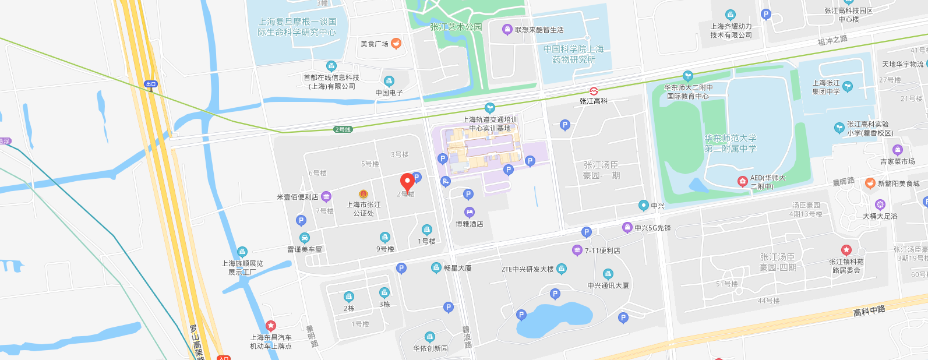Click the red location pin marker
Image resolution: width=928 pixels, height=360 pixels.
407,182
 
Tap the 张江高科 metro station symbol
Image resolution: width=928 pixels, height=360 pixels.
594,91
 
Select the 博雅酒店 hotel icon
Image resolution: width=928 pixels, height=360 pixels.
469,213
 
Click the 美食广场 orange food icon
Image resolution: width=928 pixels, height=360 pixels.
396,43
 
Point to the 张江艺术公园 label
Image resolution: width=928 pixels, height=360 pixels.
456,27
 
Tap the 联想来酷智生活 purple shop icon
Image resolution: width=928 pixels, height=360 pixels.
507,30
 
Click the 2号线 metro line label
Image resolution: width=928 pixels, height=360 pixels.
343,129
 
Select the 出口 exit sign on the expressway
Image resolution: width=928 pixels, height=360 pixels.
151,84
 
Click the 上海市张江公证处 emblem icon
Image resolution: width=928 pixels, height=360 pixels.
364,194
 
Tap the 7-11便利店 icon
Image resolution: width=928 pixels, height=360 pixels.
577,250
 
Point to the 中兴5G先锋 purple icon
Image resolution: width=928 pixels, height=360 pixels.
627,228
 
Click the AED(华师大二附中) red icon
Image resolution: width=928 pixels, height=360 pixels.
742,181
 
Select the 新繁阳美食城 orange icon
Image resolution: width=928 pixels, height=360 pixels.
870,183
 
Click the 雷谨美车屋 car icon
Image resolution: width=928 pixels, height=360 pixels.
304,238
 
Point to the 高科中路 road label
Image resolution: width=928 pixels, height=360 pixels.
869,311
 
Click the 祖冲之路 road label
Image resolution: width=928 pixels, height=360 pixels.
832,40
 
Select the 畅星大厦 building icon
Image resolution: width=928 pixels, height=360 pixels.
436,268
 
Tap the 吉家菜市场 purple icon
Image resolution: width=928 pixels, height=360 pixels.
897,150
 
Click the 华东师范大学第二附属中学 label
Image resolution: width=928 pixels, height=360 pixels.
731,143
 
